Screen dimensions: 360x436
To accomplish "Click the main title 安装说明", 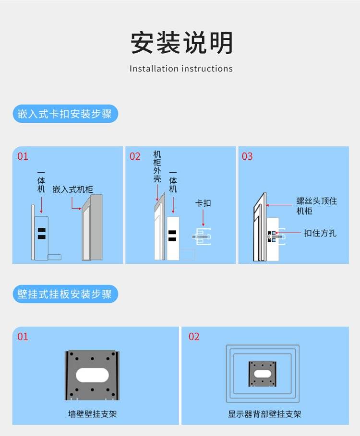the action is point(181,43).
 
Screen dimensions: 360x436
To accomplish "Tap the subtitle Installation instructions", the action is point(181,69).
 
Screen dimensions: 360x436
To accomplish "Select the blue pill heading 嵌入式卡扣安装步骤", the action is point(65,114).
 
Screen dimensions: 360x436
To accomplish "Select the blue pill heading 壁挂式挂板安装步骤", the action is point(65,294).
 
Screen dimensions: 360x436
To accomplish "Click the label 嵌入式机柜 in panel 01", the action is point(73,189).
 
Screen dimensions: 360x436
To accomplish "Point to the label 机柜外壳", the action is point(157,166).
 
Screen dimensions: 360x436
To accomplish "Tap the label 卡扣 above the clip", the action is point(203,203).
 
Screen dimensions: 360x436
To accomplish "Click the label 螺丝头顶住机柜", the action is point(317,206).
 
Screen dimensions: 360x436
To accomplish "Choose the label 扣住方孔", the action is point(320,233).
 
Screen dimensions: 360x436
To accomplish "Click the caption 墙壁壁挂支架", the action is point(92,414).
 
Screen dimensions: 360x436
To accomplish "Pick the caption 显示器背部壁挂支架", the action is point(264,414).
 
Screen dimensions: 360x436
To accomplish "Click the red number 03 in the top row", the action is point(247,156).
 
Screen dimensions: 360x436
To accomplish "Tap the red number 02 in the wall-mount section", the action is point(194,337).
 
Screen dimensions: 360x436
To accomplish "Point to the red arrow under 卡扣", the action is point(203,218).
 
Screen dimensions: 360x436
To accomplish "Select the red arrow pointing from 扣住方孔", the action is point(288,233).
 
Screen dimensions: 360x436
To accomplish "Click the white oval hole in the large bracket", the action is point(92,375).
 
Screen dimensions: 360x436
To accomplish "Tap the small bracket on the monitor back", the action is point(263,374).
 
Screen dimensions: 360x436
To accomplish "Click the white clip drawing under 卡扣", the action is point(202,236).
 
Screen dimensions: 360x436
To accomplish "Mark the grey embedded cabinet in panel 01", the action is point(92,227).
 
